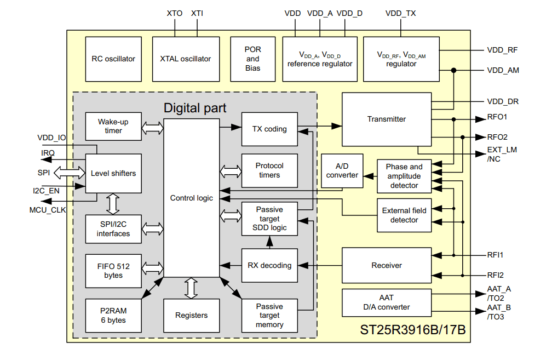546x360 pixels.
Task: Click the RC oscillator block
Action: (x=113, y=59)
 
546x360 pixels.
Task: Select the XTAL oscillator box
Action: (x=185, y=59)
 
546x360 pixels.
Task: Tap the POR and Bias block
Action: (x=252, y=59)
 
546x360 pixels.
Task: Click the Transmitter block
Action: (x=386, y=119)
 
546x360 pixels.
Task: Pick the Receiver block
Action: (x=386, y=265)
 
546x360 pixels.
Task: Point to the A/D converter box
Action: (x=342, y=171)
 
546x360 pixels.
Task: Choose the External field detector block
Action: (x=404, y=215)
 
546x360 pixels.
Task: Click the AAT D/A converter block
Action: (x=386, y=302)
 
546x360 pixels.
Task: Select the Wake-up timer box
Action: (x=113, y=127)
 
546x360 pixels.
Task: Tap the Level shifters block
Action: (x=113, y=173)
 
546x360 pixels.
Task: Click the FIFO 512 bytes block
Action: (x=113, y=271)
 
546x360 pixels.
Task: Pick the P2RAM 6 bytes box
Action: (x=113, y=316)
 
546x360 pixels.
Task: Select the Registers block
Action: (x=191, y=316)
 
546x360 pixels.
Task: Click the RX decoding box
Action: (x=269, y=265)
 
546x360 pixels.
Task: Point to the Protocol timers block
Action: (x=269, y=170)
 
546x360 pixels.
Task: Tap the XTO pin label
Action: (x=174, y=13)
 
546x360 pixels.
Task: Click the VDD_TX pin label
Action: (x=400, y=13)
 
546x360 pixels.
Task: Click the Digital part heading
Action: (x=195, y=107)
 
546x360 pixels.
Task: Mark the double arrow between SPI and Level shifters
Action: (x=67, y=173)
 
